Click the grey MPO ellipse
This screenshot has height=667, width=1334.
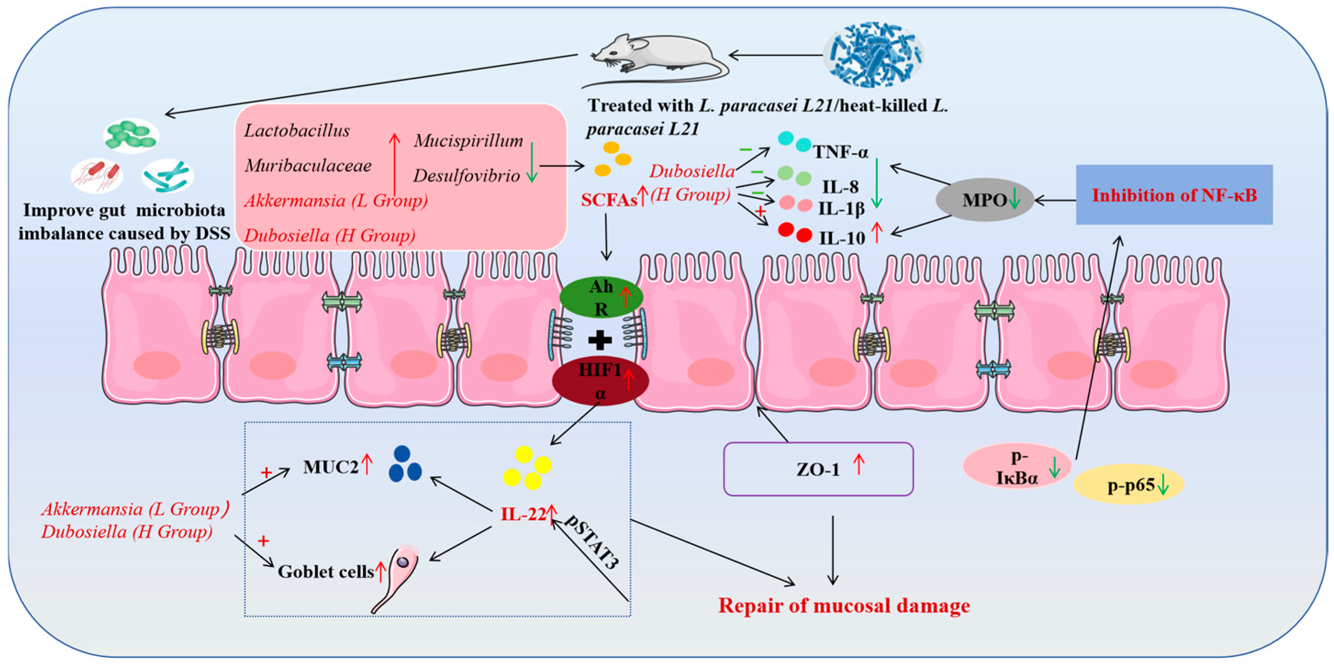[984, 200]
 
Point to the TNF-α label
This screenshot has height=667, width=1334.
[840, 152]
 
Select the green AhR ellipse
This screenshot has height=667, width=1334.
[601, 298]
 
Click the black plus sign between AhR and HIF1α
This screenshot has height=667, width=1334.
[600, 340]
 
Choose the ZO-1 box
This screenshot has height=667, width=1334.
[818, 469]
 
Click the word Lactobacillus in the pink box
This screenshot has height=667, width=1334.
[297, 130]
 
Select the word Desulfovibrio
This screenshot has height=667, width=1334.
[466, 176]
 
